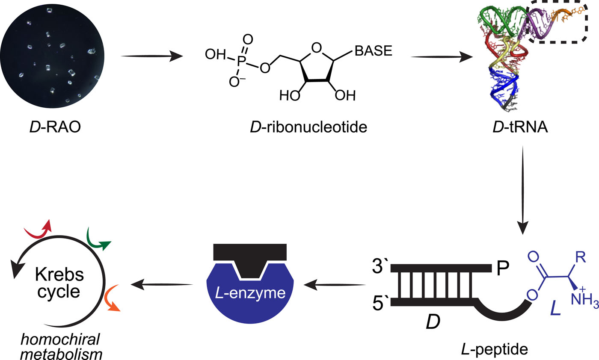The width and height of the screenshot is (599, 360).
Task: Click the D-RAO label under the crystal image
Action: point(51,127)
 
